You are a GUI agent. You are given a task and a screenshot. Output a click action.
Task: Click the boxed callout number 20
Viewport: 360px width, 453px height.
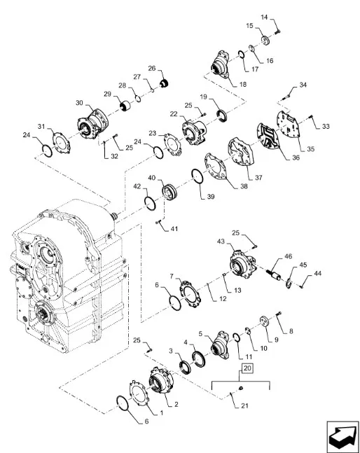[x=248, y=368]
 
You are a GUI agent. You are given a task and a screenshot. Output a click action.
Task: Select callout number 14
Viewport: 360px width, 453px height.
[x=264, y=17]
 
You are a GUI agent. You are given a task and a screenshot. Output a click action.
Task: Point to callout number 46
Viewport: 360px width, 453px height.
[x=289, y=256]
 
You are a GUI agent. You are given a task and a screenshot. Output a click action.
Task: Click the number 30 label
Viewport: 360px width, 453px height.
[x=79, y=103]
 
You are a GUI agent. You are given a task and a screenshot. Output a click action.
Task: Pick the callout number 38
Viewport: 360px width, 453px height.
[x=244, y=186]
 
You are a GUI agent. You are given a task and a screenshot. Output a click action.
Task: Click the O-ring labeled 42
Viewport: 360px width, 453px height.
[x=150, y=203]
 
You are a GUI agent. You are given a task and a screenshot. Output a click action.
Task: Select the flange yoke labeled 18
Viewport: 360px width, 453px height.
[x=221, y=64]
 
